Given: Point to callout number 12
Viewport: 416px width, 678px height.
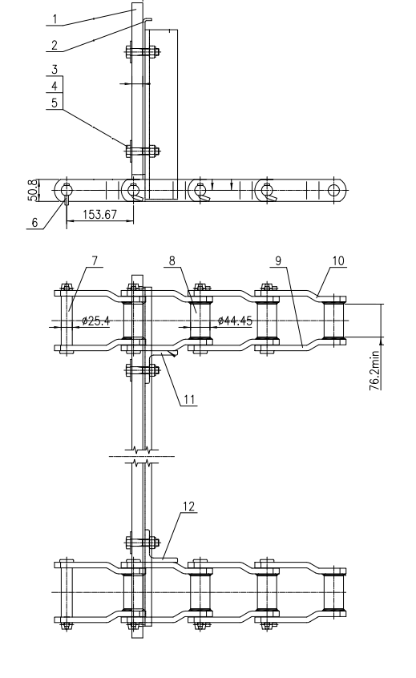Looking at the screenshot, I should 189,506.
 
